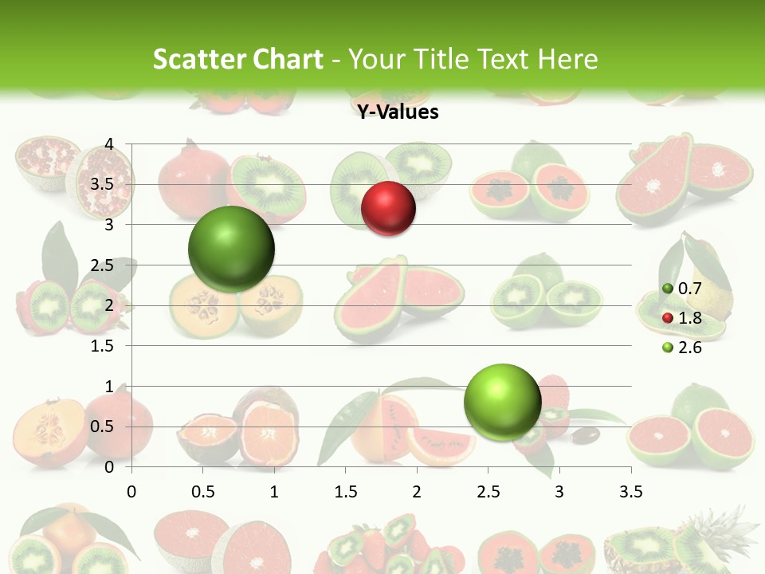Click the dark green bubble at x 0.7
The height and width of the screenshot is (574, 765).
231,249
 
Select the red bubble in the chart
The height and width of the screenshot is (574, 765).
388,209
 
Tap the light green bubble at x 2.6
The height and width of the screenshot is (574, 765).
502,402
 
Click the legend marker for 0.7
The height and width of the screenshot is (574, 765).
667,289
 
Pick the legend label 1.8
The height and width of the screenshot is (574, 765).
689,319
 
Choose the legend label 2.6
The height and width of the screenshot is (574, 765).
689,348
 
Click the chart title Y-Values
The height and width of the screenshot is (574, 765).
398,112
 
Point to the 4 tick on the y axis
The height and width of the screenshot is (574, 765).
109,144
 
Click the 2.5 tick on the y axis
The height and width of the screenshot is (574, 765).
101,265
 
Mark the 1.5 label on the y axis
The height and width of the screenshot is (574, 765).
101,346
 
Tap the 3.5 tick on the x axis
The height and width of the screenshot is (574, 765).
630,491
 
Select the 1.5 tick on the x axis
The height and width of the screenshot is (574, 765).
345,491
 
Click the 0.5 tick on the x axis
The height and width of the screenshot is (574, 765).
202,491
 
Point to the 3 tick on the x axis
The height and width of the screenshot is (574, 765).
559,491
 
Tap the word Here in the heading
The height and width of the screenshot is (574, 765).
567,59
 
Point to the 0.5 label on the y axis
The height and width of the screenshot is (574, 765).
101,427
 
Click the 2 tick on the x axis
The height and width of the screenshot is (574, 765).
417,491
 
